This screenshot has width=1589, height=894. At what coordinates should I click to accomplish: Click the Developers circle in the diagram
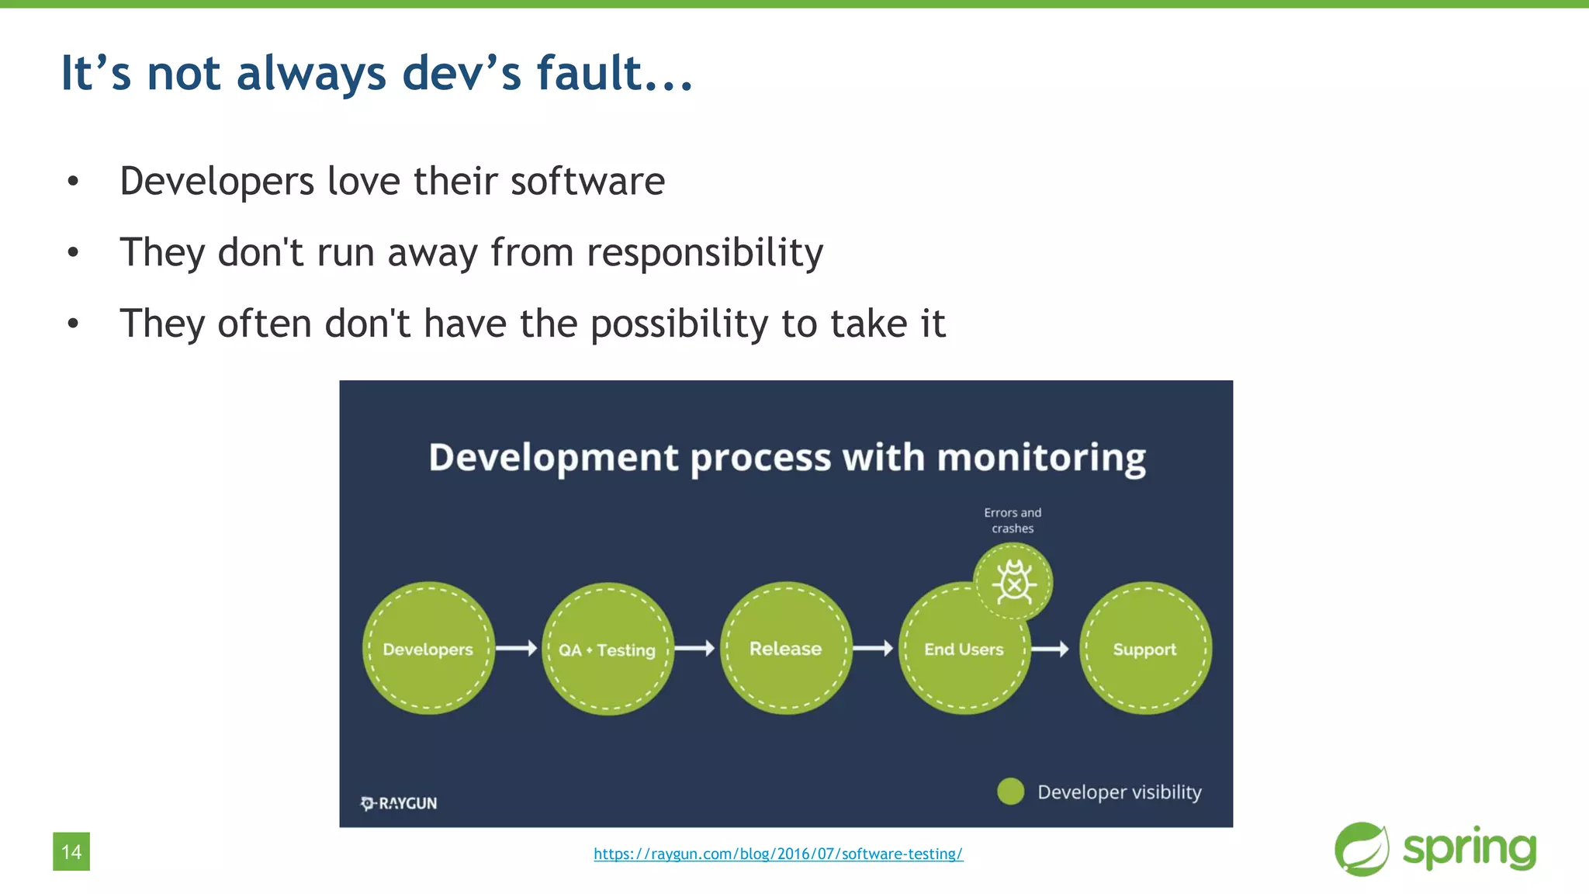pos(428,648)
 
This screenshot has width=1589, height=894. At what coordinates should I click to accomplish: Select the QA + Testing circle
pos(608,649)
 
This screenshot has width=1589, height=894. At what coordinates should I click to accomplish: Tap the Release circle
pos(786,648)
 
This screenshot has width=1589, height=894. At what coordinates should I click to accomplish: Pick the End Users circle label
pos(964,650)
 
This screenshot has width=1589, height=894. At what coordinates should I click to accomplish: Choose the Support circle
pos(1145,648)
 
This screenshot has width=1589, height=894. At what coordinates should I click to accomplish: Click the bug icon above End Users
pos(1013,581)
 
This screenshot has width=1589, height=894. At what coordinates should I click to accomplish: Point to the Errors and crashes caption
pos(1013,520)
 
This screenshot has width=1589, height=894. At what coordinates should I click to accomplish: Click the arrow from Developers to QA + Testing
pos(517,648)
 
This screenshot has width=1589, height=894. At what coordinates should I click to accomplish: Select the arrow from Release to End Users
pos(874,648)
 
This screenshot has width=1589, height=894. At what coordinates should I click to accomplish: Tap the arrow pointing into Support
pos(1051,649)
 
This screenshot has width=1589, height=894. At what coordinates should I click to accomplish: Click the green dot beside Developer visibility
pos(1010,792)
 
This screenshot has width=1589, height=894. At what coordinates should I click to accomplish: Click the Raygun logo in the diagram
pos(399,803)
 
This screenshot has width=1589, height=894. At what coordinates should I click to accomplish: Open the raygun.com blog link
pos(778,854)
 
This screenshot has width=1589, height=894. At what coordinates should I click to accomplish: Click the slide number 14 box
pos(71,851)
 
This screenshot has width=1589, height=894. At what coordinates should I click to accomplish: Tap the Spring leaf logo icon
pos(1362,849)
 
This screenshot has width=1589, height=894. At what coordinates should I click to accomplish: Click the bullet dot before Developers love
pos(73,182)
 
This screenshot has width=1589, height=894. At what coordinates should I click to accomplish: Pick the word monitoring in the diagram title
pos(1041,458)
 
